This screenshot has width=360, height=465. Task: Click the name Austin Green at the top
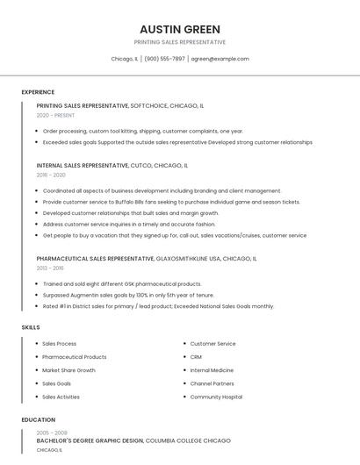pos(180,29)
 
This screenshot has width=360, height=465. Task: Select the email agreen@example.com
pos(220,59)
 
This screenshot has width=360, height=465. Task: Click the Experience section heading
pos(38,92)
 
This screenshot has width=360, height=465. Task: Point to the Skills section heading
pos(31,327)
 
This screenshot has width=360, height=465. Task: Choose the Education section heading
pos(39,420)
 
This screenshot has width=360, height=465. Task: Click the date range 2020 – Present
pos(56,115)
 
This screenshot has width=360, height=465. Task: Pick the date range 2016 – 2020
pos(51,175)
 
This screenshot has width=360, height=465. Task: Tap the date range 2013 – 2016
pos(50,268)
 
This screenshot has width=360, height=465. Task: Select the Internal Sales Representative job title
pos(83,165)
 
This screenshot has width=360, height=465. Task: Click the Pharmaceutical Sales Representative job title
pos(96,259)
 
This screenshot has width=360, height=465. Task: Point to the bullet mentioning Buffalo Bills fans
pos(171,202)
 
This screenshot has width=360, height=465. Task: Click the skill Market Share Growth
pos(68,370)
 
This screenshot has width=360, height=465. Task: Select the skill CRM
pos(196,357)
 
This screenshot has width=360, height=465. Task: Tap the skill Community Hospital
pos(216,397)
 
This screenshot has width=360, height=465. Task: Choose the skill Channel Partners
pos(212,383)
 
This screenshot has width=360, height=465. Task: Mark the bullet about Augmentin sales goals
pos(128,296)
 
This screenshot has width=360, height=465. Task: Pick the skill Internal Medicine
pos(212,370)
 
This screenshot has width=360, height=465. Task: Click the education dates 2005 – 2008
pos(52,433)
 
